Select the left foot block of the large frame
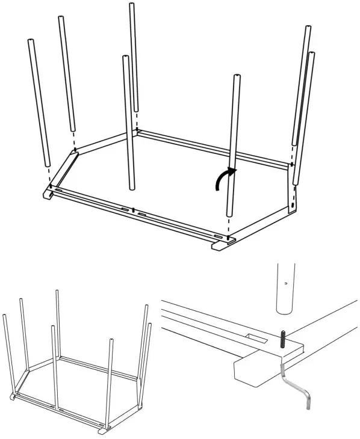coord(49,195)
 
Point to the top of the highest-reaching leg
coord(131,5)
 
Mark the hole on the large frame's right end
coord(293,205)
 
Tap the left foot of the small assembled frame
coord(13,399)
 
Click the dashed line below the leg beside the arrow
coord(229,227)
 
